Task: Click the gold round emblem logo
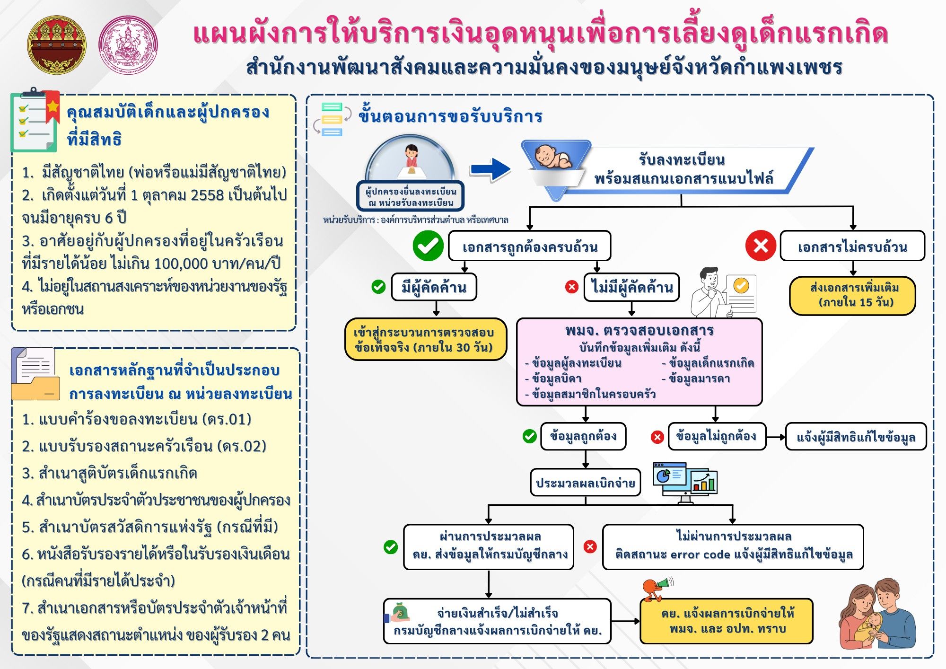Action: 57,44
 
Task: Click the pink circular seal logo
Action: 128,45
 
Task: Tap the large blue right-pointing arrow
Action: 491,169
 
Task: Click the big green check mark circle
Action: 428,246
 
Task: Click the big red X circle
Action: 761,246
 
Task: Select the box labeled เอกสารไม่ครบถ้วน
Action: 852,246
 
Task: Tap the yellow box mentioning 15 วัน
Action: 852,295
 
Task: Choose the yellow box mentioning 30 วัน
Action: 425,339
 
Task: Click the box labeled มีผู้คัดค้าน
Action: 434,287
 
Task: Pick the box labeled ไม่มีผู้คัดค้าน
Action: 631,287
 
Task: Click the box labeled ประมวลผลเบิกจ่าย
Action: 585,483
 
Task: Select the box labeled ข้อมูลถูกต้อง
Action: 583,436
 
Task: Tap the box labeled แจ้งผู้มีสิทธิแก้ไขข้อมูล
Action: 856,437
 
